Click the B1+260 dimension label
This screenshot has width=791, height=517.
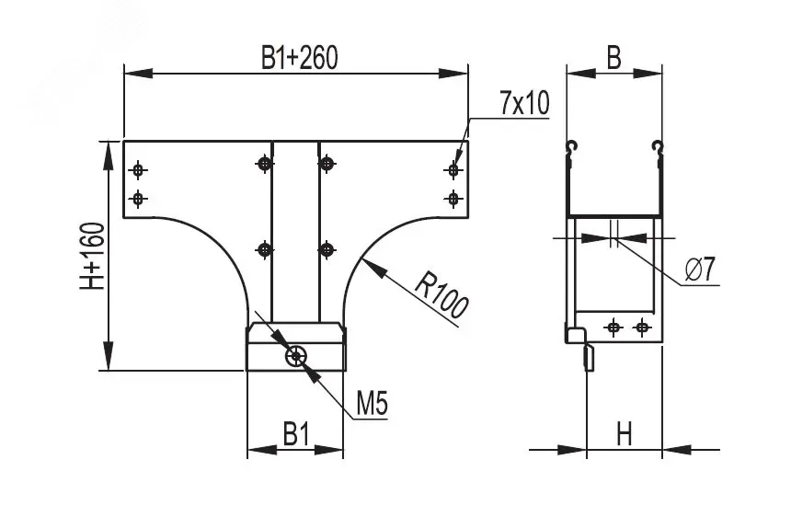pos(300,59)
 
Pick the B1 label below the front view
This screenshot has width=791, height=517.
pos(295,433)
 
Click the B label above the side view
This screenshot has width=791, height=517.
pos(613,57)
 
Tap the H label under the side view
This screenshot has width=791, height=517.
pos(625,433)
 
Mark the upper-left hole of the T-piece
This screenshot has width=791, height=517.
pos(138,169)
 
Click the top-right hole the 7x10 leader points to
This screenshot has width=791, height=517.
pos(453,169)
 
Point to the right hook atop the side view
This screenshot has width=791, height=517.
pos(656,146)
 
